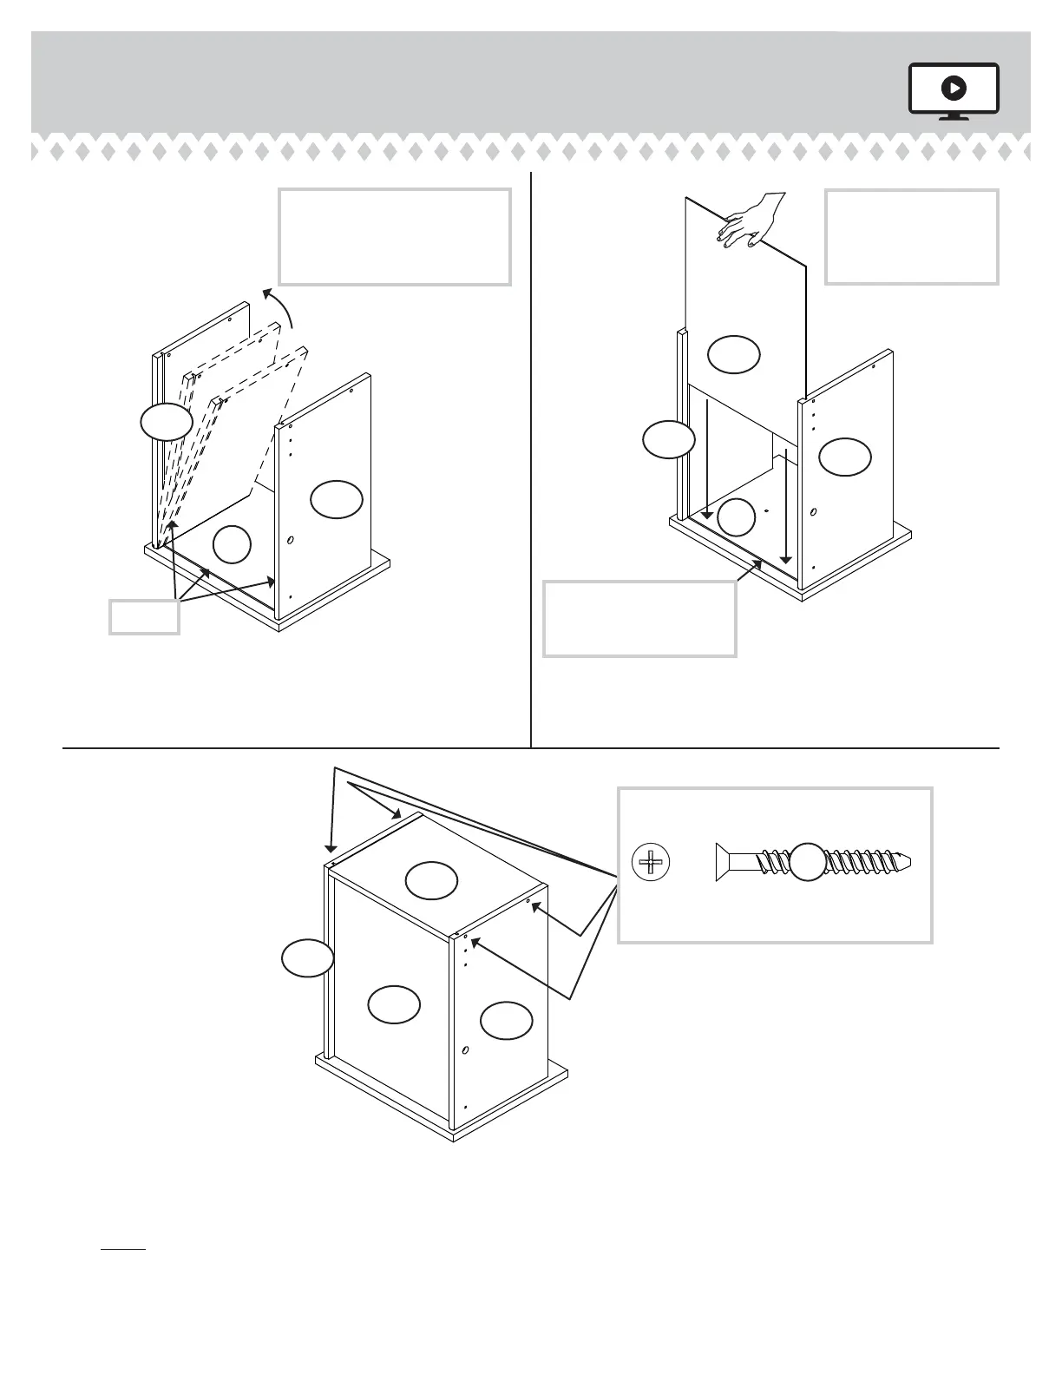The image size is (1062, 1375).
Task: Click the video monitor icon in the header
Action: click(954, 90)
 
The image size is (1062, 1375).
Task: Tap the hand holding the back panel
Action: click(752, 220)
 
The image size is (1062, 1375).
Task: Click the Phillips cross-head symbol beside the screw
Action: click(652, 862)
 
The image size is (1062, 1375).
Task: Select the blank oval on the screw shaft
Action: click(808, 861)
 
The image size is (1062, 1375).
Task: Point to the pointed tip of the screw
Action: click(907, 862)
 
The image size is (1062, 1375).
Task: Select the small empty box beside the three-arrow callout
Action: click(144, 616)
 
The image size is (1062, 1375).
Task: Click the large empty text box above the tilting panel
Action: click(394, 237)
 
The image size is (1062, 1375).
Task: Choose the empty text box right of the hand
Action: click(911, 237)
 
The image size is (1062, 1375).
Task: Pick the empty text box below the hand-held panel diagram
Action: click(639, 618)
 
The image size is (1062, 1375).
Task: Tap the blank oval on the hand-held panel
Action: click(734, 354)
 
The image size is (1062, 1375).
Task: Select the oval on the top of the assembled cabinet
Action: click(431, 880)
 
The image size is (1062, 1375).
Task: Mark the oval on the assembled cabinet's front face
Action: click(394, 1003)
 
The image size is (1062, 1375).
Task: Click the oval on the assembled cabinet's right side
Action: click(506, 1020)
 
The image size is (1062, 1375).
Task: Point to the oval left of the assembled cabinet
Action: click(307, 958)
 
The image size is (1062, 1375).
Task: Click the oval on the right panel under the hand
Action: click(845, 457)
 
